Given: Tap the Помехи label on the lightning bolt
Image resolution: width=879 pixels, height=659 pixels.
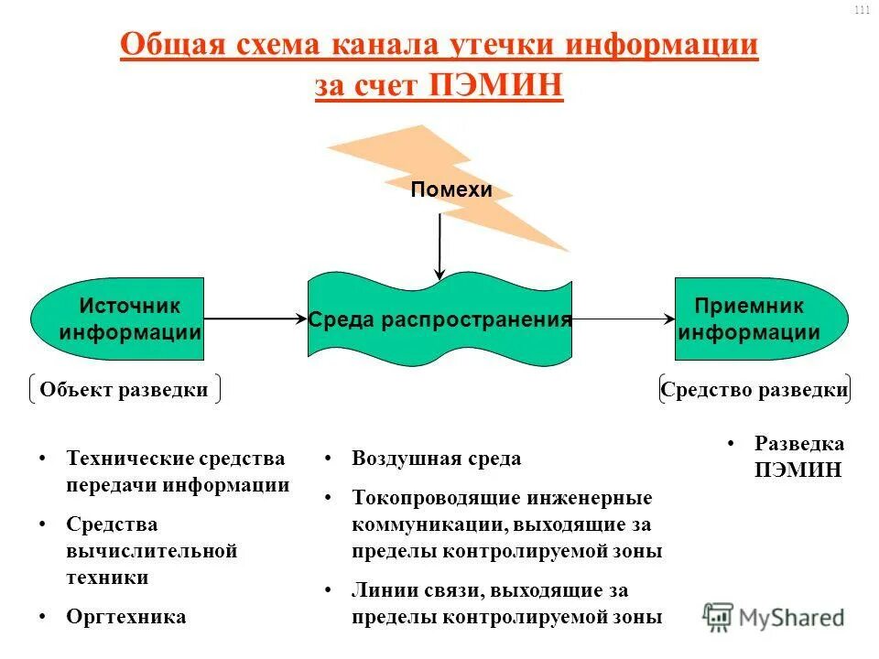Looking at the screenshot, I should click(451, 190).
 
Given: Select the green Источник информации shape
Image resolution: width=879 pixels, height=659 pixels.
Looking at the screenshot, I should click(119, 319).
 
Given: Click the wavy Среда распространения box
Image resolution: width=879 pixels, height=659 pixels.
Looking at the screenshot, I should click(439, 320).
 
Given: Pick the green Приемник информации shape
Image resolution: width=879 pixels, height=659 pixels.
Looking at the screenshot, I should click(760, 319).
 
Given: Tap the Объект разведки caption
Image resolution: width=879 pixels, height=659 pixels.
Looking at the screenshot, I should click(124, 390).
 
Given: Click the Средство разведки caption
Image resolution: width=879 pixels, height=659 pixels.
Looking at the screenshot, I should click(754, 390).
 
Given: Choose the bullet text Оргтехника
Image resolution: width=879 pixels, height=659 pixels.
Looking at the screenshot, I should click(125, 616).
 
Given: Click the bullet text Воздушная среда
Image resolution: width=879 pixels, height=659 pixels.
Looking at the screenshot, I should click(436, 459).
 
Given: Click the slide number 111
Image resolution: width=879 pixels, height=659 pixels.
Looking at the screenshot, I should click(861, 10).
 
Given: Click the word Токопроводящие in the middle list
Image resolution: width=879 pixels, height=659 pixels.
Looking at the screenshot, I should click(435, 499).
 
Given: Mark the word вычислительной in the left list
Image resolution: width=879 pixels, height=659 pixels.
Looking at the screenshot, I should click(151, 551).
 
